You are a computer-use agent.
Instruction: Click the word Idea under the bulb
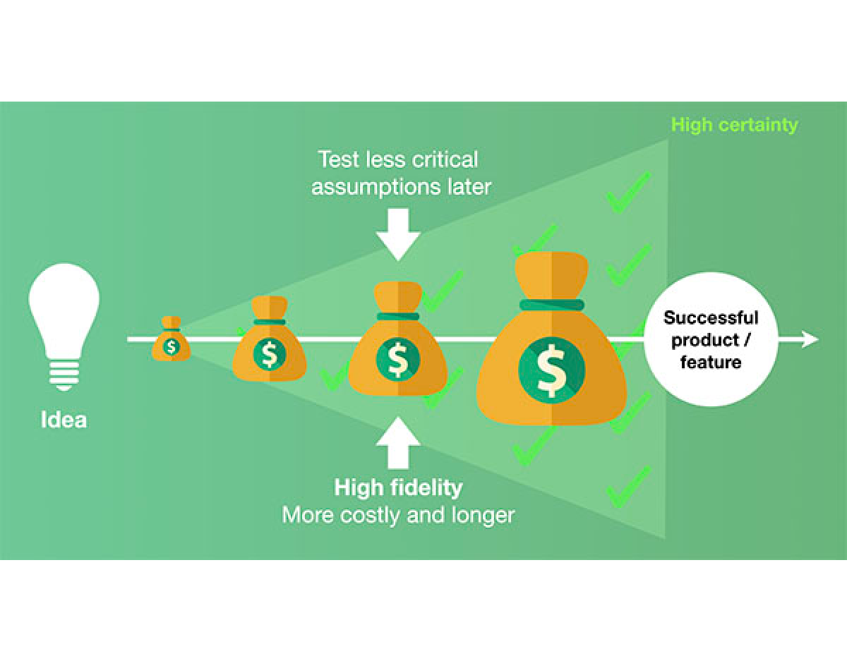[x=64, y=420]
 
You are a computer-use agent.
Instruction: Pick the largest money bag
[x=551, y=346]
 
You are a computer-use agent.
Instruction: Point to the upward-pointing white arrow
[x=398, y=443]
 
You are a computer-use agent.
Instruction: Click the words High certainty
[x=734, y=125]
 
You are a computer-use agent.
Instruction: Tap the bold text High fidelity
[x=398, y=487]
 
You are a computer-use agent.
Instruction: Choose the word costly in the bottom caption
[x=371, y=515]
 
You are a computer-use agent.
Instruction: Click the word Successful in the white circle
[x=711, y=317]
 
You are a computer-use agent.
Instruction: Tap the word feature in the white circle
[x=711, y=363]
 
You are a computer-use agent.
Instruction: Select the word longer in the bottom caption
[x=483, y=515]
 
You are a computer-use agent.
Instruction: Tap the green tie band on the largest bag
[x=551, y=305]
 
